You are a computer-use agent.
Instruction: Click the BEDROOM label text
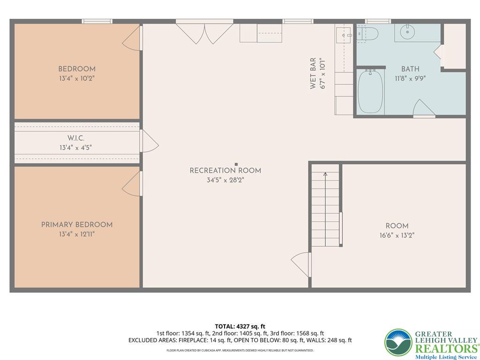pyautogui.click(x=77, y=69)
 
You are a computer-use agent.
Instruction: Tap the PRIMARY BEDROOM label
pyautogui.click(x=77, y=225)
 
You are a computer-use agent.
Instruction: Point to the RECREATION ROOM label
pyautogui.click(x=225, y=171)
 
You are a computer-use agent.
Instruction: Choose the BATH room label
pyautogui.click(x=410, y=69)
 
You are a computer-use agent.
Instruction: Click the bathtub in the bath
pyautogui.click(x=371, y=91)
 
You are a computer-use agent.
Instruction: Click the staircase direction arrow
pyautogui.click(x=325, y=176)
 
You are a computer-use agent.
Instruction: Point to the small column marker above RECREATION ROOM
pyautogui.click(x=236, y=164)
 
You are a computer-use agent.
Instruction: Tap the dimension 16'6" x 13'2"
pyautogui.click(x=397, y=235)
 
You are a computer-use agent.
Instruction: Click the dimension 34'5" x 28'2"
pyautogui.click(x=225, y=180)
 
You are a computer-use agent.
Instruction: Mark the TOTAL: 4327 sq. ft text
pyautogui.click(x=240, y=326)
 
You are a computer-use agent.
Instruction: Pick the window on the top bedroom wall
pyautogui.click(x=97, y=21)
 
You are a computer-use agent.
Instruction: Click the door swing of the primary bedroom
pyautogui.click(x=132, y=184)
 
